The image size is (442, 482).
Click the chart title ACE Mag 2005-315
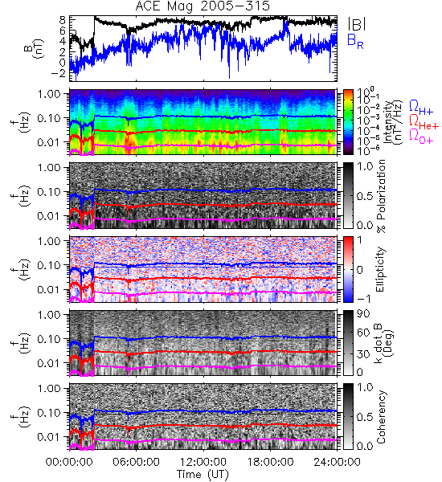[203, 6]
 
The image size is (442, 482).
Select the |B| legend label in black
[357, 24]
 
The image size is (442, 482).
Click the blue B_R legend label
[355, 41]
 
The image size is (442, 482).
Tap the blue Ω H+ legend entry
[421, 108]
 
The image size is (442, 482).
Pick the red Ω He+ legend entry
[424, 122]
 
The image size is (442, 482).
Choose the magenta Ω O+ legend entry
[421, 137]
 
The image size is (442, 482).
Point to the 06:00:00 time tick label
[136, 462]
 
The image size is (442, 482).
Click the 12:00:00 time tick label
[203, 462]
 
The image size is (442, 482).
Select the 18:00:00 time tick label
[270, 462]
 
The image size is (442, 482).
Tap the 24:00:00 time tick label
[337, 462]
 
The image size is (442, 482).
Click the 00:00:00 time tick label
[69, 462]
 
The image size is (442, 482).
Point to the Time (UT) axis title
[203, 475]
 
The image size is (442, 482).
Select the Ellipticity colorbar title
[380, 269]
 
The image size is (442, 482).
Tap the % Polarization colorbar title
[381, 196]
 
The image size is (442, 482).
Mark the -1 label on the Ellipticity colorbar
[363, 299]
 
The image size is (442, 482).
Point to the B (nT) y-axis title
[35, 48]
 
